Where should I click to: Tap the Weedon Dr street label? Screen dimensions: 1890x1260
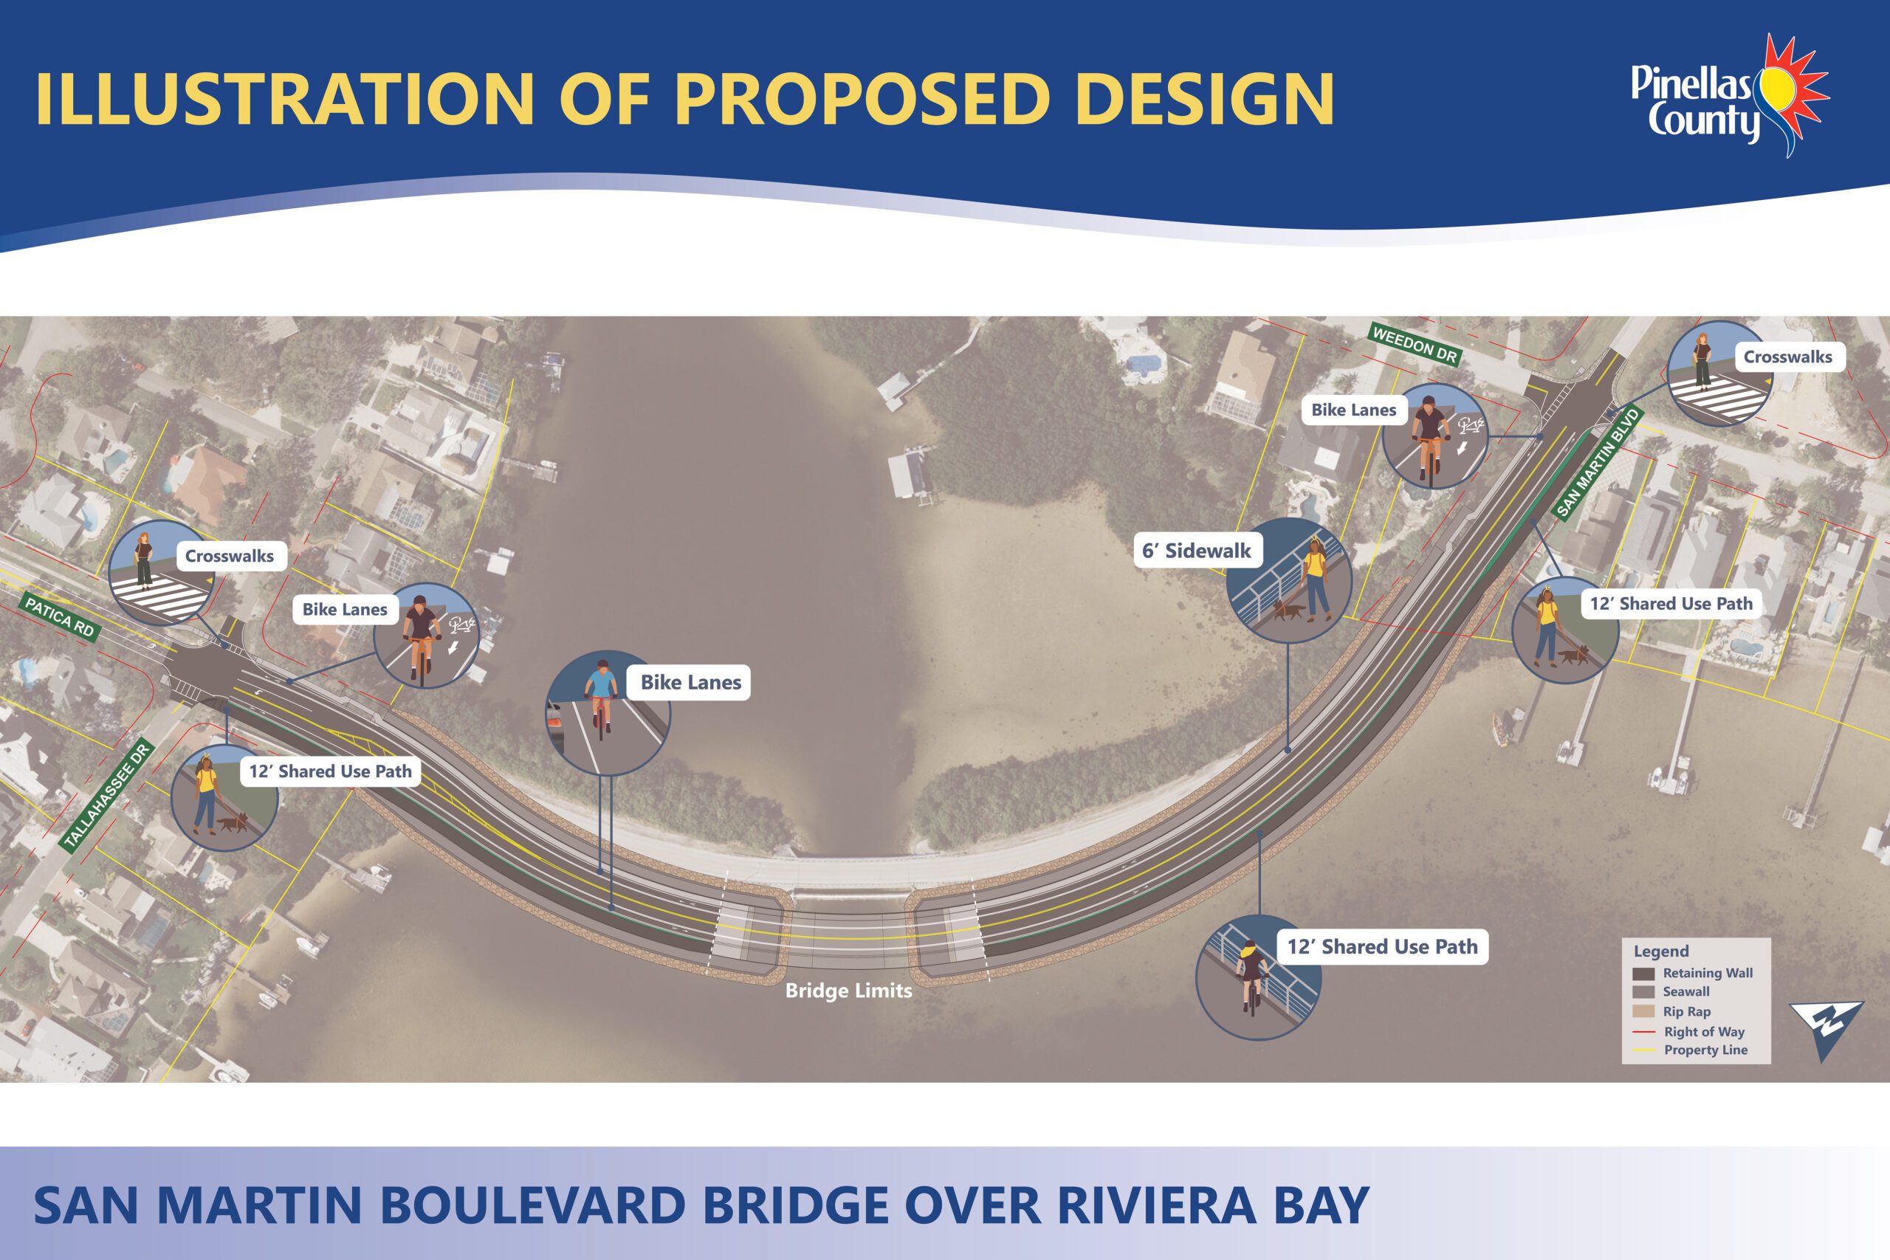1415,345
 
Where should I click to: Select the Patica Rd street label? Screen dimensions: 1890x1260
61,618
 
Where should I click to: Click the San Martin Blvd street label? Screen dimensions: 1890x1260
1597,462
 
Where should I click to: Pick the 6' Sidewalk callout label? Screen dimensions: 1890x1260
1197,551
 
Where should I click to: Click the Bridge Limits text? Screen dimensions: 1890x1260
848,991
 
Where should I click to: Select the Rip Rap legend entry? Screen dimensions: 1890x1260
1671,1012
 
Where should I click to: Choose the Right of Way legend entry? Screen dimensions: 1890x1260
1688,1032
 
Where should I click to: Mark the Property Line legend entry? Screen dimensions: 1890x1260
1690,1050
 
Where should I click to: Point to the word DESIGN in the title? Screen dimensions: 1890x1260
1205,99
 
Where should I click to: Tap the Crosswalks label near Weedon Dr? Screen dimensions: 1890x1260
1788,357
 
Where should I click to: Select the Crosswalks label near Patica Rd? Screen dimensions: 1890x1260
230,556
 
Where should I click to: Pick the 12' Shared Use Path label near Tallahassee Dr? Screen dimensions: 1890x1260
330,771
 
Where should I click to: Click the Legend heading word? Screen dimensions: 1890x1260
1661,951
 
